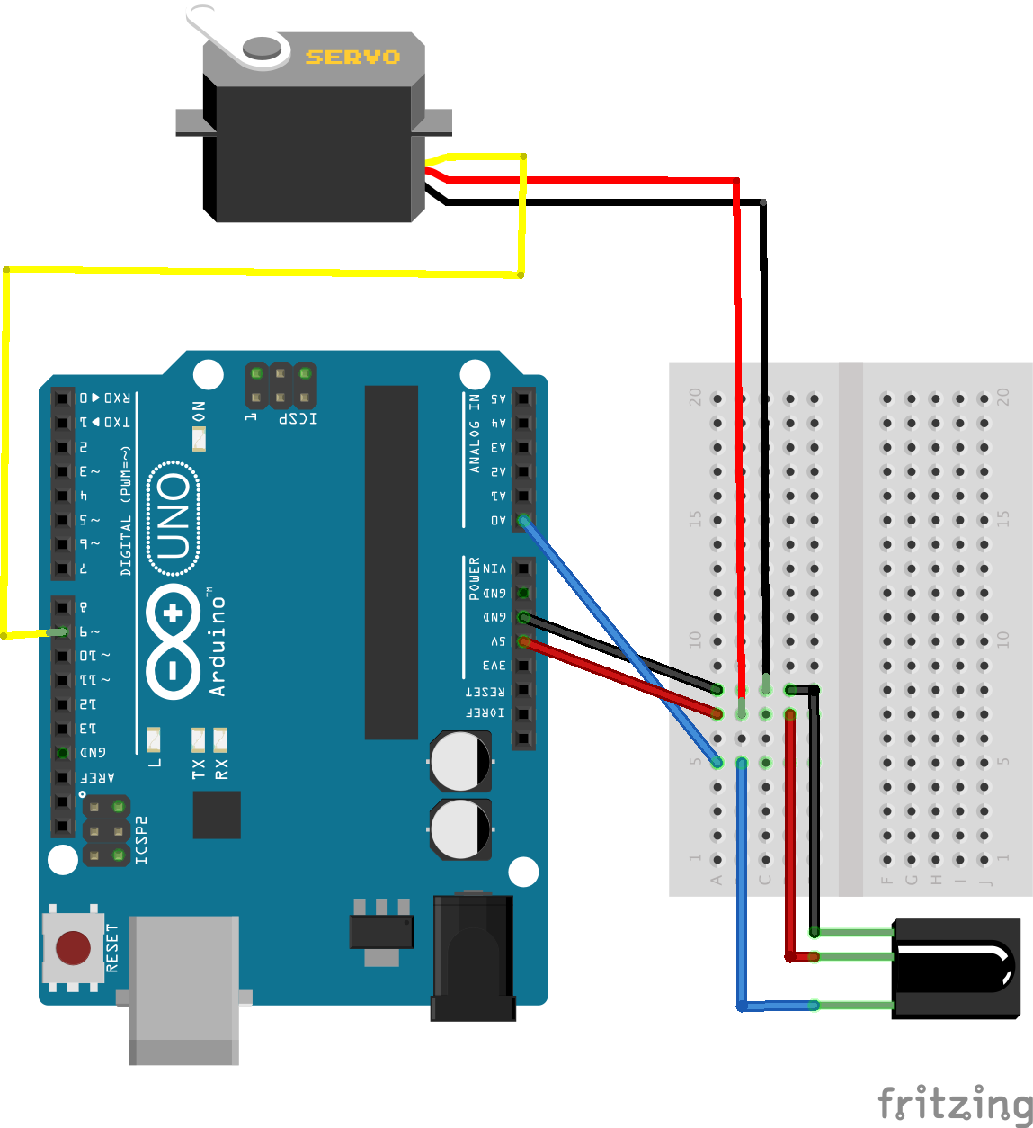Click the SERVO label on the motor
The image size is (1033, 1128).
tap(352, 57)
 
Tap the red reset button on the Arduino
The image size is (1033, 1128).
tap(73, 947)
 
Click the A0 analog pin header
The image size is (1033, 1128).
tap(523, 520)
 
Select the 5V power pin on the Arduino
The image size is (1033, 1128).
tap(523, 641)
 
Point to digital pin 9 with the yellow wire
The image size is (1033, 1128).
tap(61, 631)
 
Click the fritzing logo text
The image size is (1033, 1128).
tap(955, 1104)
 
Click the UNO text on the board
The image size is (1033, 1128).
tap(174, 517)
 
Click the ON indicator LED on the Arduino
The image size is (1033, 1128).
tap(199, 439)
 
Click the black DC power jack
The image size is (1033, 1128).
tap(474, 958)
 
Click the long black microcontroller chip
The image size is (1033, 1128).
tap(391, 562)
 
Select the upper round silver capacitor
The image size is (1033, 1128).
tap(460, 761)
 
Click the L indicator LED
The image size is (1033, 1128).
tap(154, 739)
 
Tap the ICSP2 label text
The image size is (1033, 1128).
tap(141, 840)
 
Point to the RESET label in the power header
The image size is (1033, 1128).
tap(485, 691)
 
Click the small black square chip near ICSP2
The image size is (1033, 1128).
tap(217, 815)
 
